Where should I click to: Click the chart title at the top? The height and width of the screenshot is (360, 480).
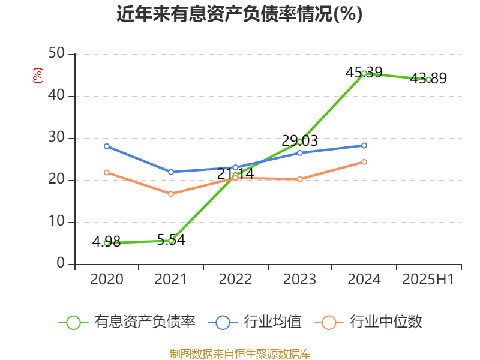[x=239, y=14]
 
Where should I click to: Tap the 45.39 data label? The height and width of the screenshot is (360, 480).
[x=364, y=73]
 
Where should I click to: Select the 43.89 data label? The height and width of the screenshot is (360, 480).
[x=428, y=78]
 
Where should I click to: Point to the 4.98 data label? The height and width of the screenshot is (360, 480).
[x=106, y=242]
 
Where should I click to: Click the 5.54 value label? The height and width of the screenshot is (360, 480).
[x=171, y=240]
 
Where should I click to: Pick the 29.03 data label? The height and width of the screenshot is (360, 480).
[x=299, y=141]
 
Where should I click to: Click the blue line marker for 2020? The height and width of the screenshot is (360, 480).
[x=107, y=146]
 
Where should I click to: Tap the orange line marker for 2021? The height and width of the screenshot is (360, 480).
[x=171, y=194]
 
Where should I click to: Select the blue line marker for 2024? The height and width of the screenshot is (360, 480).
[x=364, y=145]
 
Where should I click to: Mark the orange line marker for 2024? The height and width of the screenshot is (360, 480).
[x=364, y=162]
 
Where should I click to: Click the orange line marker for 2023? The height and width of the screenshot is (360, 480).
[x=300, y=179]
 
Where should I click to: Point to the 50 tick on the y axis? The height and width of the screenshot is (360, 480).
[x=57, y=54]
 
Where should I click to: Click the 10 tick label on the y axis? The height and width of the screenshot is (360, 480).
[x=57, y=222]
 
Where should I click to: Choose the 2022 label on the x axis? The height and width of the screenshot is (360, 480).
[x=235, y=280]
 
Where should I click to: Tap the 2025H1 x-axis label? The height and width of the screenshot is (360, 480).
[x=428, y=280]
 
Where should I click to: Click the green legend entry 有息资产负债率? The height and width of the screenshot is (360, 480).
[x=127, y=322]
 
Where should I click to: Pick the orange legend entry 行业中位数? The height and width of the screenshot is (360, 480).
[x=372, y=322]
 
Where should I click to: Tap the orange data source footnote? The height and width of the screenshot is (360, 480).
[x=239, y=353]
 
